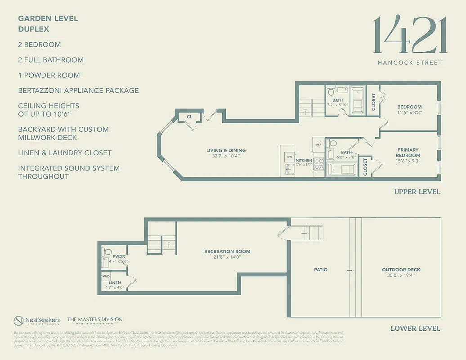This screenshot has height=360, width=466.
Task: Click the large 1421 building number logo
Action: [410, 35]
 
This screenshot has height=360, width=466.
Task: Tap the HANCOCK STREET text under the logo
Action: [410, 63]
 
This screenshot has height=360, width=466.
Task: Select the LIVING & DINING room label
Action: [226, 151]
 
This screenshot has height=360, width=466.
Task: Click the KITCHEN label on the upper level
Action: [304, 160]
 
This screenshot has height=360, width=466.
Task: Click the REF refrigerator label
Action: [318, 145]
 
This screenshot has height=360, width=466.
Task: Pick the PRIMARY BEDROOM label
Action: [408, 153]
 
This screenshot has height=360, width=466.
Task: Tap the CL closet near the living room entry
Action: [189, 117]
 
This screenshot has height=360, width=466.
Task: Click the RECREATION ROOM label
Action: [227, 252]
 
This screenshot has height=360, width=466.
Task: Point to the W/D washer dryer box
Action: [106, 276]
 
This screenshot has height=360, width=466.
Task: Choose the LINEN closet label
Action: [115, 283]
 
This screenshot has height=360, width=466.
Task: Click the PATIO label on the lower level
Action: [321, 270]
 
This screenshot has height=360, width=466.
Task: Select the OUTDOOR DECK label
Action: [401, 270]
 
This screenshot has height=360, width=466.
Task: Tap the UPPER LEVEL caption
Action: [417, 192]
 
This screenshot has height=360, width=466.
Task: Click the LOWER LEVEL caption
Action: [415, 328]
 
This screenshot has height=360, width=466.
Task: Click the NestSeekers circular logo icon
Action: [18, 320]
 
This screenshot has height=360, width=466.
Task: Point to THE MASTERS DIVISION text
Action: [94, 319]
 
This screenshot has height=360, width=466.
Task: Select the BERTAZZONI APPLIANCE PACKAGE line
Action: [78, 90]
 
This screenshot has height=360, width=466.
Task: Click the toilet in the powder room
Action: [108, 252]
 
